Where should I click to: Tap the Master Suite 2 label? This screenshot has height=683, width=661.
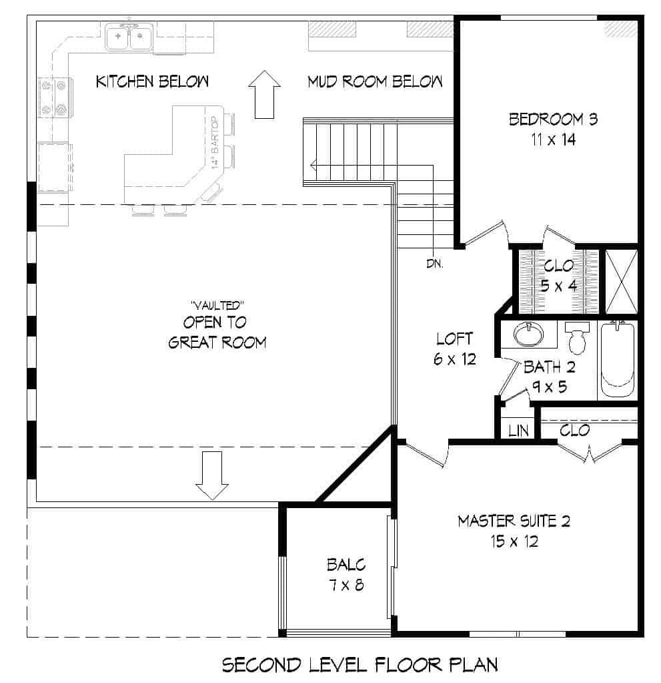tap(513, 521)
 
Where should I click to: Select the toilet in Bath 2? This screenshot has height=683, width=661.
tap(577, 338)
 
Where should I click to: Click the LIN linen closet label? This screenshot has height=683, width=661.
tap(518, 431)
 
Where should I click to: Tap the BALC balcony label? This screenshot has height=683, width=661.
tap(346, 565)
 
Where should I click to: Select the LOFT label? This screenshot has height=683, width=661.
tap(454, 338)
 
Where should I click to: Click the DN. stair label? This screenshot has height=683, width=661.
tap(436, 263)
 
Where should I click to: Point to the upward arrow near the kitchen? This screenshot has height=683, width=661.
tap(264, 93)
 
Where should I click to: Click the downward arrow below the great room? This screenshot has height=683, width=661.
tap(212, 475)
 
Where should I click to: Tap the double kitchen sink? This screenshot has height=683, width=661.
tap(129, 36)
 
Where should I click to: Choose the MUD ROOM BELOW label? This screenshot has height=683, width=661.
tap(375, 81)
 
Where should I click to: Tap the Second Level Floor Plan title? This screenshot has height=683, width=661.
tap(360, 664)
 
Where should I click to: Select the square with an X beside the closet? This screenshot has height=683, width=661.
tap(621, 281)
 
